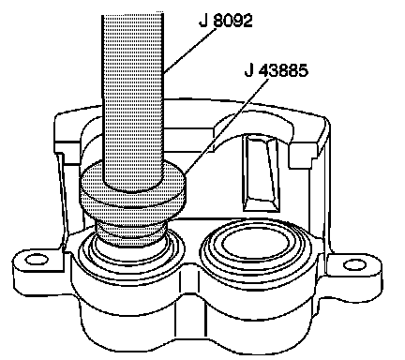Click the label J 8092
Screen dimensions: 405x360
tap(225, 21)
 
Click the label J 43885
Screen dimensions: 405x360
tap(276, 70)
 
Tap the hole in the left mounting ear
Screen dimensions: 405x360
tap(37, 260)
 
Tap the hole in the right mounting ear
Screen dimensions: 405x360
tap(355, 265)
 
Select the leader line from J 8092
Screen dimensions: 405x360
tap(189, 51)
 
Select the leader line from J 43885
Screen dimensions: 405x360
tap(227, 126)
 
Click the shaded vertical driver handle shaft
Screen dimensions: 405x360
tap(133, 100)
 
